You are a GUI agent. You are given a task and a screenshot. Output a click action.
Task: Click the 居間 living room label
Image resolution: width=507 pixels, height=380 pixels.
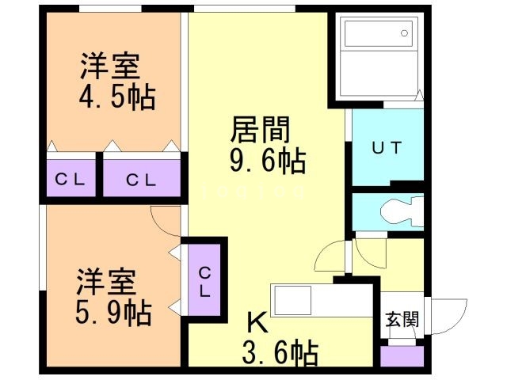click(x=261, y=130)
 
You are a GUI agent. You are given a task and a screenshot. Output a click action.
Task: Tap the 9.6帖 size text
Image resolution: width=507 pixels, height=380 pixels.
click(x=268, y=161)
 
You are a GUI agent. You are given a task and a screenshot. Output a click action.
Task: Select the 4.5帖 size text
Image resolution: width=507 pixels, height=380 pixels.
click(x=117, y=97)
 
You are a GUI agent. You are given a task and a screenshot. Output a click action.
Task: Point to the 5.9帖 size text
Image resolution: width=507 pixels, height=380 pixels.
click(x=114, y=313)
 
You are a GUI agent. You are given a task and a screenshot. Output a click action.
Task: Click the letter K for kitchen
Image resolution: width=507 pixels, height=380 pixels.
click(x=257, y=323)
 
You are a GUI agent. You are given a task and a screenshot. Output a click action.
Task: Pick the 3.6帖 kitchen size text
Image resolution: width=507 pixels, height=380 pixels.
click(x=280, y=353)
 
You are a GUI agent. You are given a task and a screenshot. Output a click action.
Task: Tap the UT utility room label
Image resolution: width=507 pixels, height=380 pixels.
click(x=387, y=148)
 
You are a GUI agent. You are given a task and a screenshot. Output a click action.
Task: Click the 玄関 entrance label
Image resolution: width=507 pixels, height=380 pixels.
click(x=402, y=319)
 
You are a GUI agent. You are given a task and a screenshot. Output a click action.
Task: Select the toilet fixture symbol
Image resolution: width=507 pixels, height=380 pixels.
click(x=402, y=211)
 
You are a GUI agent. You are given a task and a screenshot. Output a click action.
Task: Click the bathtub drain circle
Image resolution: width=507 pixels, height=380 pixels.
click(x=404, y=33)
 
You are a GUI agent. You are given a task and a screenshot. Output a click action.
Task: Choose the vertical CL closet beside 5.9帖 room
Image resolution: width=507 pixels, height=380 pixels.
click(x=204, y=279)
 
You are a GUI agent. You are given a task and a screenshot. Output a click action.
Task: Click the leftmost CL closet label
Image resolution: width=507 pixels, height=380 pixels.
click(x=71, y=180)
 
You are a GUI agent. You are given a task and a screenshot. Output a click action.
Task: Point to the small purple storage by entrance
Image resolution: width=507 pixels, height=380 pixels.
click(x=402, y=356)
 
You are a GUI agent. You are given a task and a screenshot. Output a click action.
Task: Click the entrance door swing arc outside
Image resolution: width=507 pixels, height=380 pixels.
click(x=459, y=322)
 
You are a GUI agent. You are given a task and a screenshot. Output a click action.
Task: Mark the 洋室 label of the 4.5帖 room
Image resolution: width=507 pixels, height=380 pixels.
click(x=110, y=66)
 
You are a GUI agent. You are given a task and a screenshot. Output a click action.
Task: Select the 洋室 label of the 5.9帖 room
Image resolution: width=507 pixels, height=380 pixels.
click(x=106, y=282)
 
